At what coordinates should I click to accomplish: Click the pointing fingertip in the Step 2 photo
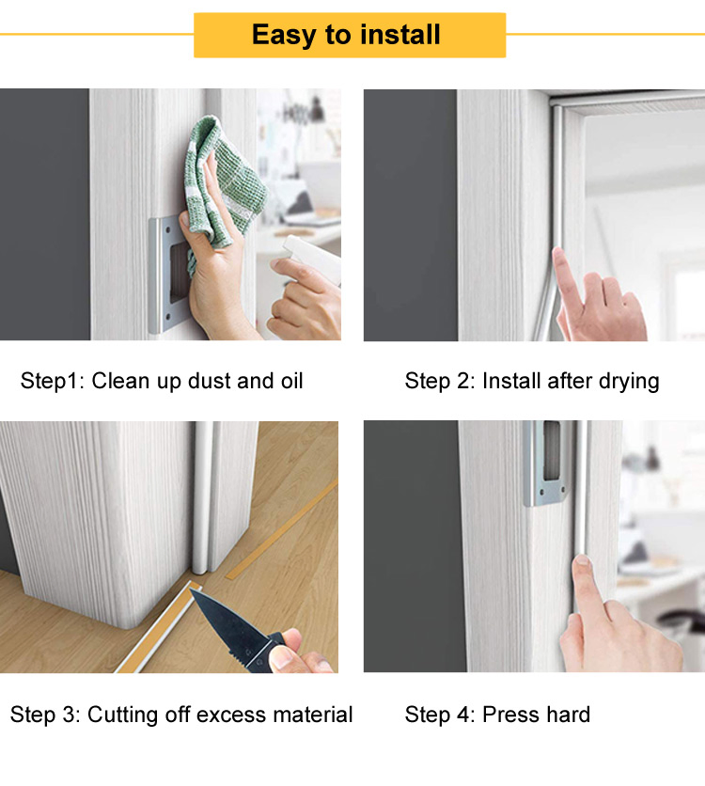point(561,258)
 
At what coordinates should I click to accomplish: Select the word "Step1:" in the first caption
point(52,381)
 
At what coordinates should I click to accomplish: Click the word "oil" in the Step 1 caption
point(288,381)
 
